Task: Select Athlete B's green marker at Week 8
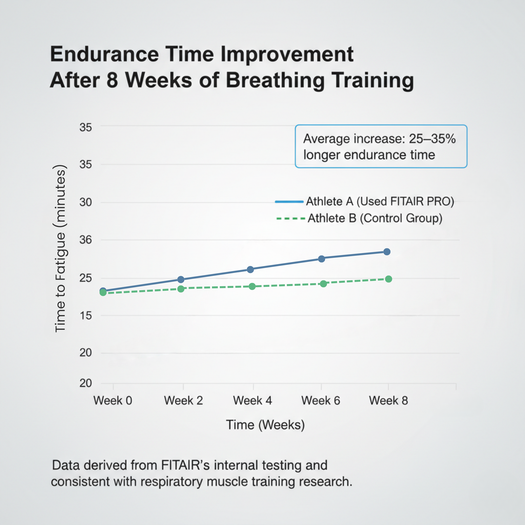point(389,279)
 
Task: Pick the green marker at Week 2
point(181,289)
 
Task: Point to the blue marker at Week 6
point(322,259)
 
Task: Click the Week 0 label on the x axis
point(113,401)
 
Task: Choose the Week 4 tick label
point(252,401)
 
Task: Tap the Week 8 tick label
point(388,401)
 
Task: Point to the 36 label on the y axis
point(86,240)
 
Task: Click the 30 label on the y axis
point(86,202)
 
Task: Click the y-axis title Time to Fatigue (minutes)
point(60,248)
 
